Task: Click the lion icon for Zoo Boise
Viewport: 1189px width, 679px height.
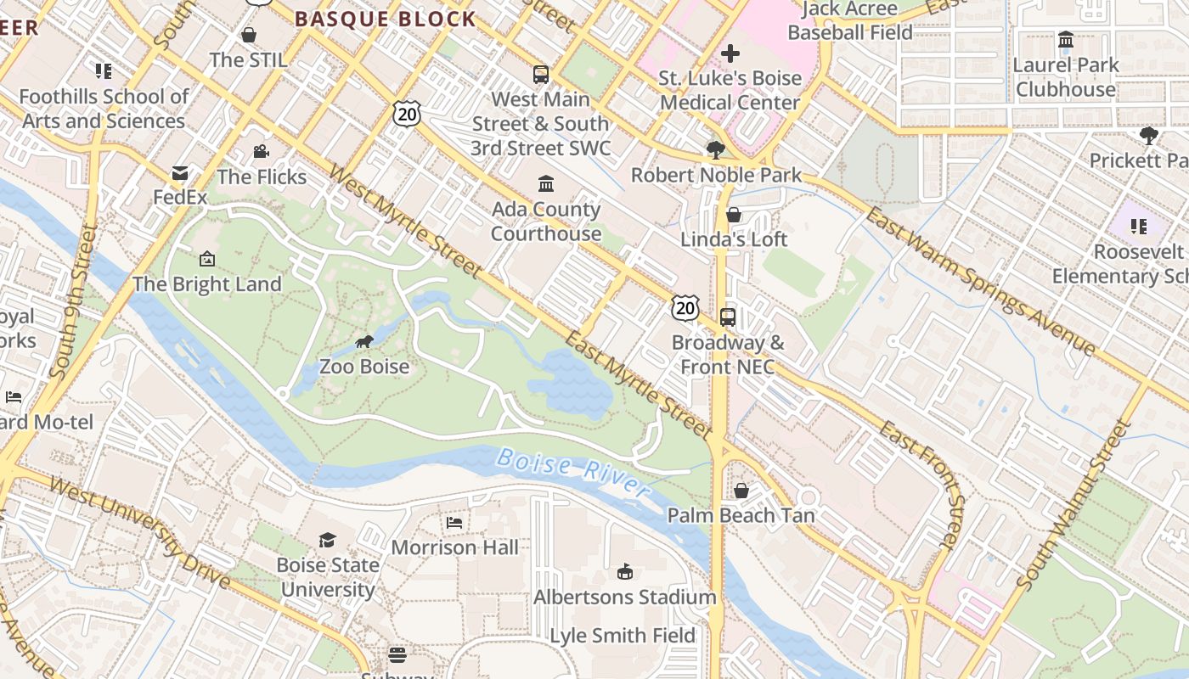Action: tap(364, 342)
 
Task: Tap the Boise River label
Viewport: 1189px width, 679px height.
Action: tap(573, 472)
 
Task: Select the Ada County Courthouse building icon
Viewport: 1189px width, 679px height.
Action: tap(546, 184)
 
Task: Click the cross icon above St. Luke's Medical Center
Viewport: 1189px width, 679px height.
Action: tap(730, 54)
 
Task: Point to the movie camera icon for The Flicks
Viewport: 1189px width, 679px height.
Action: tap(261, 152)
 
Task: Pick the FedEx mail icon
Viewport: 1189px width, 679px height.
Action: tap(180, 174)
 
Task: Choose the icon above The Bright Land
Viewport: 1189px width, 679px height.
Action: tap(207, 259)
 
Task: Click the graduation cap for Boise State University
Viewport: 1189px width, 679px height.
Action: tap(327, 540)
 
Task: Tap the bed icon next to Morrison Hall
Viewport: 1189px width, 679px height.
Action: tap(454, 523)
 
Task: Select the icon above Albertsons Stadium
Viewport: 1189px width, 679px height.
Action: tap(625, 572)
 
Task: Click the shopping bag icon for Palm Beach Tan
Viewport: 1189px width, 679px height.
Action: tap(741, 491)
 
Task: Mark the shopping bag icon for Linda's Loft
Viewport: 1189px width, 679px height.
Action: tap(734, 215)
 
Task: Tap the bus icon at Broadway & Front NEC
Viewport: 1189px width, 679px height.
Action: tap(728, 317)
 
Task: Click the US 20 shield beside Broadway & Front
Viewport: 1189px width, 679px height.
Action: tap(685, 308)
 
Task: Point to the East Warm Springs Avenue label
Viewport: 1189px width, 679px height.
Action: tap(981, 281)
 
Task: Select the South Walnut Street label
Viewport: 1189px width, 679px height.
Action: tap(1075, 504)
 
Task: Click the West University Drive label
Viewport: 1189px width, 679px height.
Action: tap(140, 533)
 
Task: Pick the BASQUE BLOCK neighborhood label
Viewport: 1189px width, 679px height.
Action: tap(386, 20)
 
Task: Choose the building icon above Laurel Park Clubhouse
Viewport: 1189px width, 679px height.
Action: tap(1066, 40)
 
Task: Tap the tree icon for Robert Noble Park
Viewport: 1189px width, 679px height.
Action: tap(715, 150)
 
